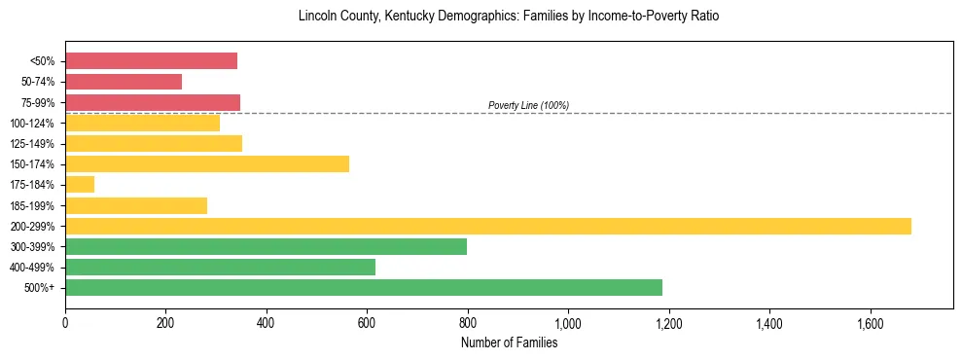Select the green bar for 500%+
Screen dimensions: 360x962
[x=364, y=287]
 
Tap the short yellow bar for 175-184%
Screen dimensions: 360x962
[x=80, y=185]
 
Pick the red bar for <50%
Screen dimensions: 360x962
[x=151, y=61]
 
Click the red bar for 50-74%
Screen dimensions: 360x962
[x=124, y=82]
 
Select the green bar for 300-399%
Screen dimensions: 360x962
[x=266, y=246]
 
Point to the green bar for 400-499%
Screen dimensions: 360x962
[x=220, y=267]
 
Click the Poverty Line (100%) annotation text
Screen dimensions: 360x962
[x=528, y=105]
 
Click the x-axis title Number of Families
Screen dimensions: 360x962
[x=509, y=342]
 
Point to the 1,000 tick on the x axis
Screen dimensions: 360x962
[x=568, y=322]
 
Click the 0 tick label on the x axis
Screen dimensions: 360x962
[x=65, y=322]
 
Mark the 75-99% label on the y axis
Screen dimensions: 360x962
[x=38, y=103]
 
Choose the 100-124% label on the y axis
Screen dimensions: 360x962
[x=34, y=124]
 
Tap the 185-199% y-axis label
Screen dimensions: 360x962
[x=34, y=205]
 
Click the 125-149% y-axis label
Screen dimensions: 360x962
[x=34, y=144]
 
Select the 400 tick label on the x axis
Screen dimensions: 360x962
[x=267, y=322]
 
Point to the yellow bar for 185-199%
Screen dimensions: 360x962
[x=136, y=205]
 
